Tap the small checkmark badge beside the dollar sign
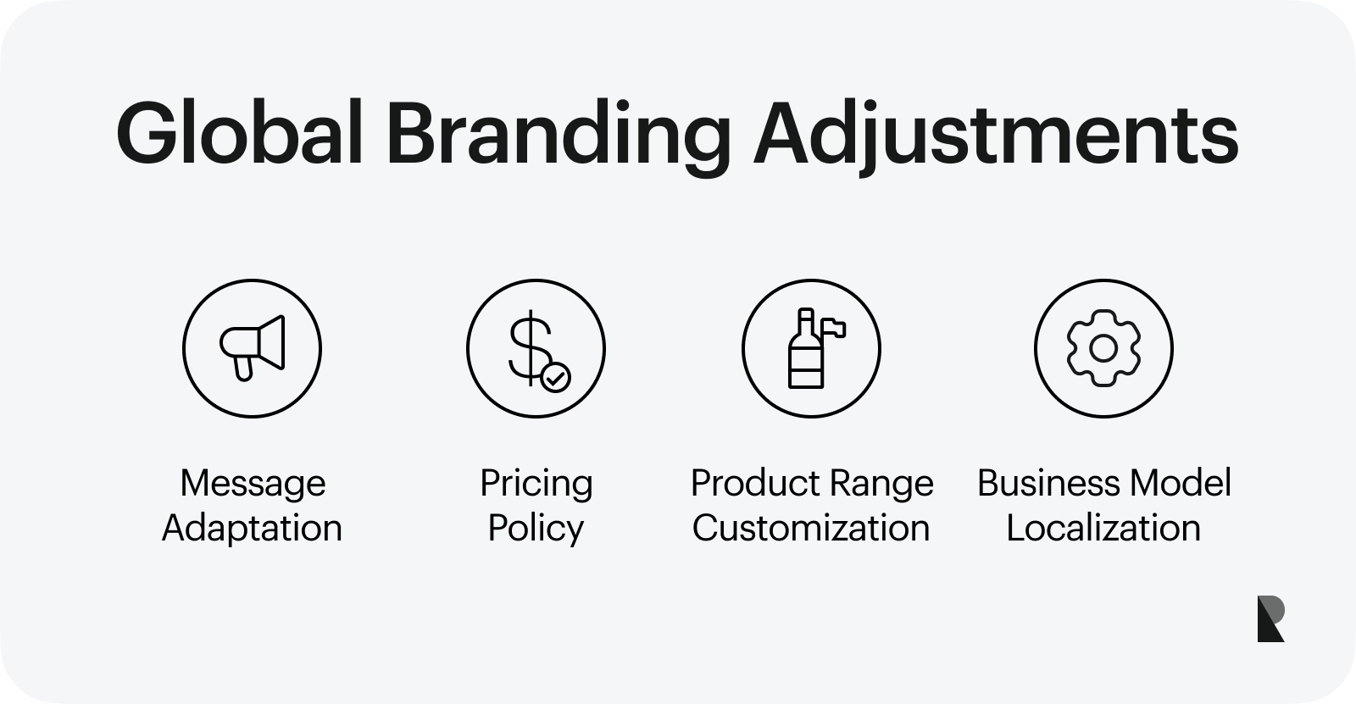point(555,377)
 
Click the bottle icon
point(806,349)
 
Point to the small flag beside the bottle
point(834,328)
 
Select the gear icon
point(1103,348)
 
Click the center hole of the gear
point(1103,349)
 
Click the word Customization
point(811,528)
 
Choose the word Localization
point(1103,528)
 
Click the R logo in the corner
point(1270,618)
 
